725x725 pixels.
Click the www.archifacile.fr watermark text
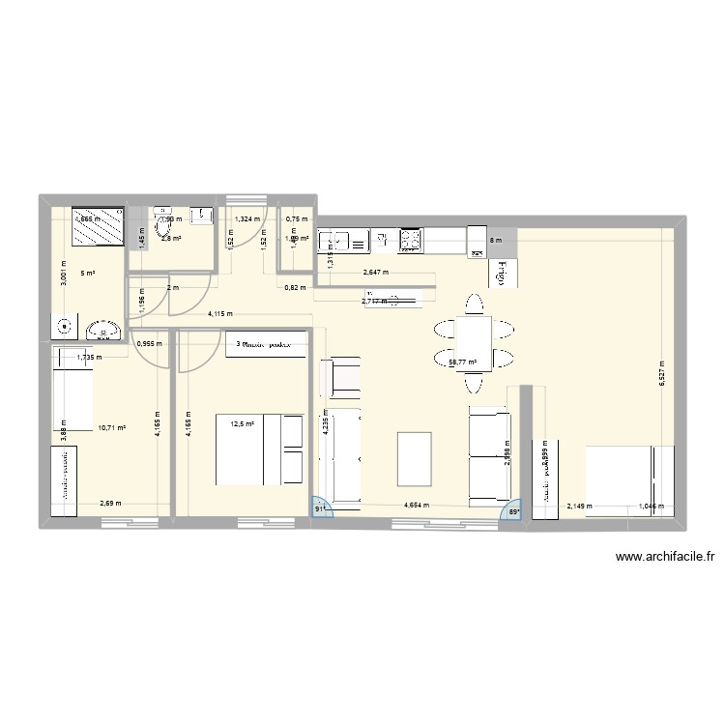point(664,557)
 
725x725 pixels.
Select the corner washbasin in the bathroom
point(101,331)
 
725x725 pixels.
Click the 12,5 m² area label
point(242,423)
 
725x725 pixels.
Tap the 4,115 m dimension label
point(219,313)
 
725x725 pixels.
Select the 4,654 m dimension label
point(419,505)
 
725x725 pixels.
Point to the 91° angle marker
point(319,508)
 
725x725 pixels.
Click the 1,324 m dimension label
point(246,218)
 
